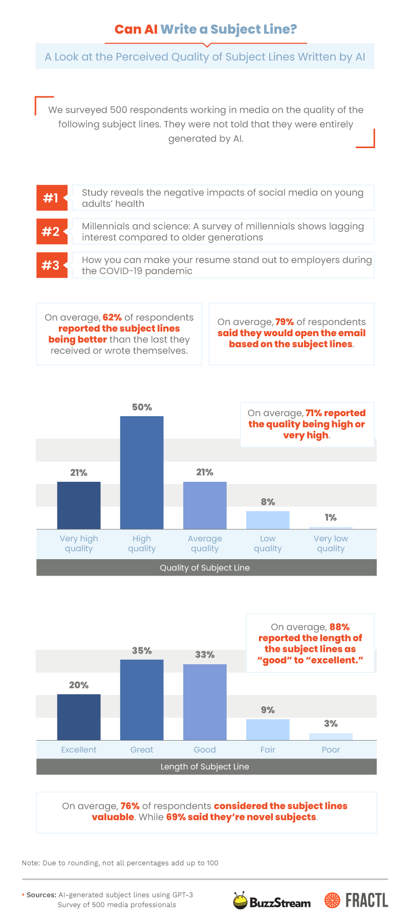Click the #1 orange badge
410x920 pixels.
[x=52, y=198]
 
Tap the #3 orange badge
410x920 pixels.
[x=52, y=265]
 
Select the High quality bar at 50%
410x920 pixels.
[x=142, y=472]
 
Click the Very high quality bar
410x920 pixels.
[x=79, y=505]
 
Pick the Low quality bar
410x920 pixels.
[x=268, y=520]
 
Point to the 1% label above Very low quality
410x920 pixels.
[x=331, y=518]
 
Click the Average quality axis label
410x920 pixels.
[x=205, y=543]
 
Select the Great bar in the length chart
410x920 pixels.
[x=142, y=700]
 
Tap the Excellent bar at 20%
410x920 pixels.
[x=79, y=717]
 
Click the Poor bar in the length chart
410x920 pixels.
[x=331, y=737]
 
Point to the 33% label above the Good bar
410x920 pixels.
[x=205, y=655]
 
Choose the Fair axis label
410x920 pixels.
[x=268, y=749]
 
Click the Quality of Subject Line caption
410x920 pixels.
[x=205, y=567]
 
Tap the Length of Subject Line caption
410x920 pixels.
[x=205, y=766]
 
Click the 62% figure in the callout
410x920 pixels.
[x=112, y=317]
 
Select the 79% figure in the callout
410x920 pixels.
[x=285, y=322]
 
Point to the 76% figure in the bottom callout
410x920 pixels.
[x=130, y=806]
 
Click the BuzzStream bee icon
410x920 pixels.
[x=240, y=900]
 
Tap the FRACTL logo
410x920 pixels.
[x=356, y=900]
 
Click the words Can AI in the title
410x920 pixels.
[x=136, y=29]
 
